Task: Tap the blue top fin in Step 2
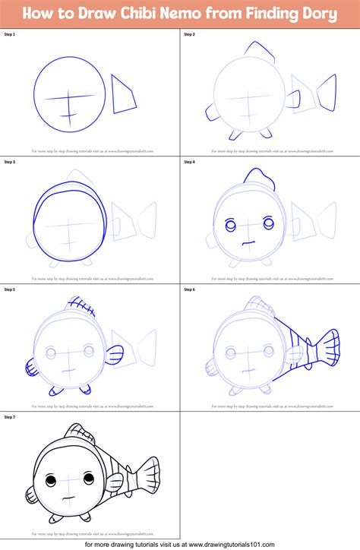click(x=262, y=52)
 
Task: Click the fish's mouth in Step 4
click(x=245, y=242)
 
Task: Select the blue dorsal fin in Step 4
click(x=258, y=181)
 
